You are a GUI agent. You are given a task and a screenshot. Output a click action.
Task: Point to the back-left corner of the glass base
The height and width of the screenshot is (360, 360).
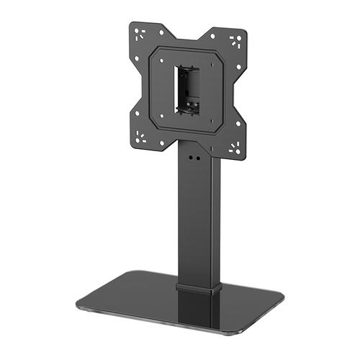tap(125, 273)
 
